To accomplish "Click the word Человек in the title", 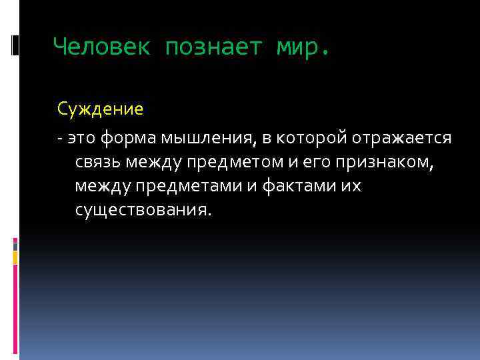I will (x=101, y=47).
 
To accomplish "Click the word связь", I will (x=97, y=162).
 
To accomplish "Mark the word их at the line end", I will (x=351, y=186).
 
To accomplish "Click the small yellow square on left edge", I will (x=15, y=255).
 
